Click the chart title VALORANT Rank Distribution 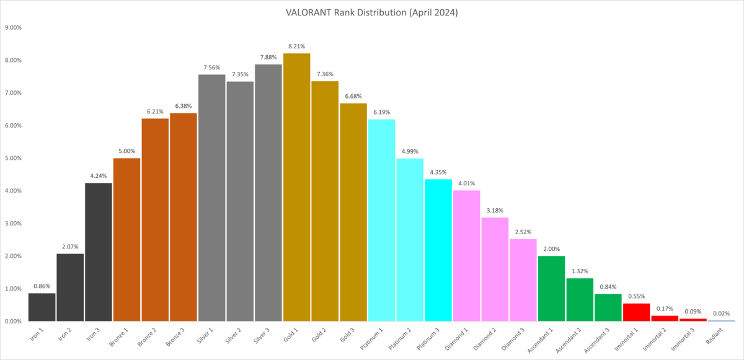[373, 12]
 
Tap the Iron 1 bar [42, 307]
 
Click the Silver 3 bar [268, 193]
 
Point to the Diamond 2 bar [495, 269]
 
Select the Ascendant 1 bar [551, 288]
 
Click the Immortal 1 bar [636, 312]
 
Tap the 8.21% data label [296, 46]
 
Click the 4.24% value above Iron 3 [99, 175]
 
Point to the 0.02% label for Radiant [721, 314]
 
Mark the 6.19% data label [381, 112]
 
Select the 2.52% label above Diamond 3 [523, 232]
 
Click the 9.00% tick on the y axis [14, 28]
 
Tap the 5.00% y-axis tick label [14, 158]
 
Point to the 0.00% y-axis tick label [14, 321]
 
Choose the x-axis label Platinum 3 [433, 337]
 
